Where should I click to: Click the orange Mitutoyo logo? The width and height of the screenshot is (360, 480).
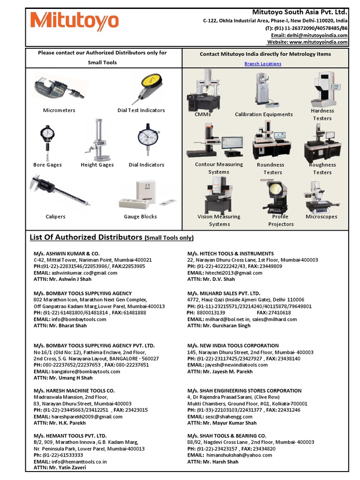tap(75, 22)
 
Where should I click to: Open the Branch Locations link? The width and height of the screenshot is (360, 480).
tap(262, 64)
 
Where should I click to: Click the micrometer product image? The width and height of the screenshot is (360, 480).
tap(59, 88)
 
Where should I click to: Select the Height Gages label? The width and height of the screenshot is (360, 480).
tap(97, 165)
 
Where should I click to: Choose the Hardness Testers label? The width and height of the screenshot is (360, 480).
tap(322, 114)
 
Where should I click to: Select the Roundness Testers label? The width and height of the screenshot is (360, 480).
tap(270, 168)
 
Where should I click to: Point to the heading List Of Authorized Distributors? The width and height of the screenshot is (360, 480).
tap(86, 237)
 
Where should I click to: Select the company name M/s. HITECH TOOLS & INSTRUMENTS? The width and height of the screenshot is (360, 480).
tap(230, 254)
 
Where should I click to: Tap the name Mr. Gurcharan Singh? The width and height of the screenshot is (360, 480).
tap(227, 325)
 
